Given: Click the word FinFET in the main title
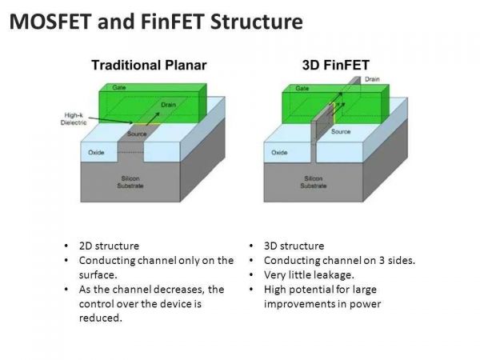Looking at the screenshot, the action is pyautogui.click(x=172, y=22).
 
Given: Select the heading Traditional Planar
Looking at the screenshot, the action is pyautogui.click(x=149, y=66).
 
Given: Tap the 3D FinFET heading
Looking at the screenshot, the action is pyautogui.click(x=336, y=65).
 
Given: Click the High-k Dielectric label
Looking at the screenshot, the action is pyautogui.click(x=74, y=118).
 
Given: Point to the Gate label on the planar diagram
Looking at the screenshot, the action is pyautogui.click(x=118, y=87).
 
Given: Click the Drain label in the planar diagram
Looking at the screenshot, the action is pyautogui.click(x=168, y=105).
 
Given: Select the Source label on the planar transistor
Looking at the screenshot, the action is pyautogui.click(x=137, y=134).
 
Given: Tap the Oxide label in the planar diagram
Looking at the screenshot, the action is pyautogui.click(x=96, y=152).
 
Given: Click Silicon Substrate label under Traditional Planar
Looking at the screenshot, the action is pyautogui.click(x=130, y=182).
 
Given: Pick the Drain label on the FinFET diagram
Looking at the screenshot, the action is pyautogui.click(x=372, y=79).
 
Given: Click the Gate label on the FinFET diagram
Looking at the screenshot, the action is pyautogui.click(x=302, y=89).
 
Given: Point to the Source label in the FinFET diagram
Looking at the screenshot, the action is pyautogui.click(x=341, y=131).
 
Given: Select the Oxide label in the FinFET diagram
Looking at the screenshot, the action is pyautogui.click(x=279, y=152).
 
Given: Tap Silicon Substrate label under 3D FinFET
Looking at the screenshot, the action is pyautogui.click(x=314, y=182).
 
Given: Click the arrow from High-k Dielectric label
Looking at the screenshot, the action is pyautogui.click(x=111, y=120).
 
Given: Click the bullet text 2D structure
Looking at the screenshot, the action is pyautogui.click(x=109, y=246).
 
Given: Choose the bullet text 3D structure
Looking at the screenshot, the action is pyautogui.click(x=294, y=246).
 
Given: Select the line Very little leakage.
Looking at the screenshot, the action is pyautogui.click(x=309, y=275).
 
